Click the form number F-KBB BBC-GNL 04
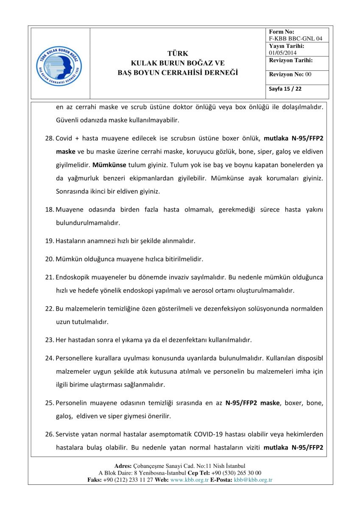(x=296, y=39)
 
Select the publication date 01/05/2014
(x=283, y=53)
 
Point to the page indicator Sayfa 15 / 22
(x=285, y=89)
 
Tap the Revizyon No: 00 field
(x=290, y=74)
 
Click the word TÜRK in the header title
(x=178, y=54)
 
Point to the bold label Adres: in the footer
(x=123, y=466)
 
